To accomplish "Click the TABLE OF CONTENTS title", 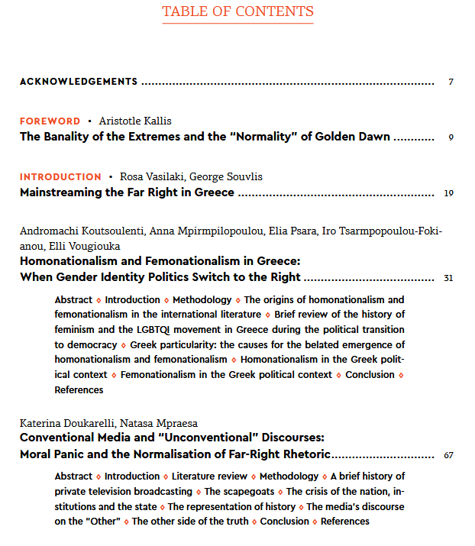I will click(x=237, y=11).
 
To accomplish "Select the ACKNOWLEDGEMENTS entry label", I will click(x=79, y=82).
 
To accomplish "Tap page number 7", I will click(x=451, y=82).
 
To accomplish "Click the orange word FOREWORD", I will click(x=50, y=121).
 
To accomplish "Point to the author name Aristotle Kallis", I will click(x=135, y=121).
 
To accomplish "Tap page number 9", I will click(x=451, y=138).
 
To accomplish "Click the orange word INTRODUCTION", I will click(x=60, y=176).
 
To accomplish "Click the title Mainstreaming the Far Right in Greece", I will click(x=127, y=192).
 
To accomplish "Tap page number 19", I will click(x=448, y=193).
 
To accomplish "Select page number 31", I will click(x=448, y=278).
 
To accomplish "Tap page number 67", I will click(x=448, y=456).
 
